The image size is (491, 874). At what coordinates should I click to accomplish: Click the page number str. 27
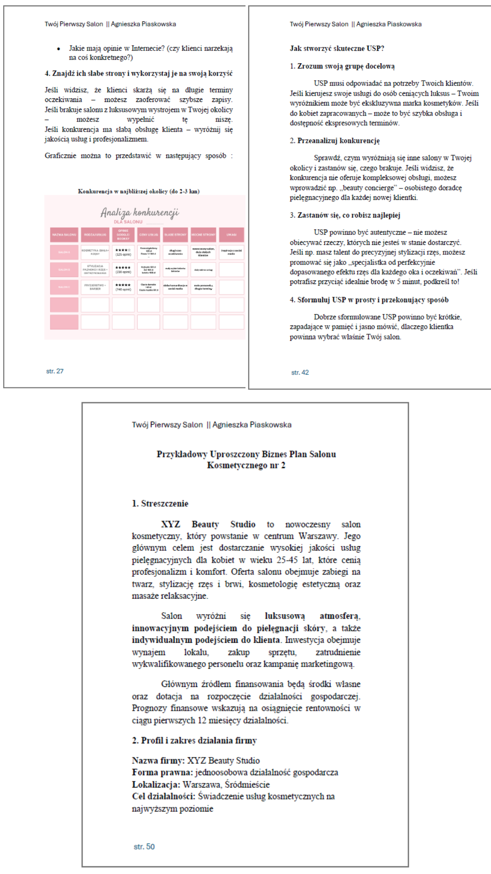[x=55, y=371]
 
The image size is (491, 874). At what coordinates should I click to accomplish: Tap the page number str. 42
[x=300, y=372]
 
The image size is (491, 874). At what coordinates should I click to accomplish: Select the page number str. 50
[x=144, y=846]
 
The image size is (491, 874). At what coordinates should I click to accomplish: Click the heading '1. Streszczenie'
[x=160, y=503]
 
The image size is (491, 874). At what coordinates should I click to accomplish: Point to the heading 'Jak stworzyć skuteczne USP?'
[x=337, y=48]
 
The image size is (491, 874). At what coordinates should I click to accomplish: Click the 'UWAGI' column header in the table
[x=231, y=234]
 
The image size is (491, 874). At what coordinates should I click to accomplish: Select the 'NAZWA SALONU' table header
[x=64, y=234]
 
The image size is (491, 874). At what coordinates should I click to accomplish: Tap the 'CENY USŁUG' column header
[x=149, y=234]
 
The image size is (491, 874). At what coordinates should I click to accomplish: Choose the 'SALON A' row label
[x=64, y=252]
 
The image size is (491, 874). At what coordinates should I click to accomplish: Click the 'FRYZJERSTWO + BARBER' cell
[x=95, y=287]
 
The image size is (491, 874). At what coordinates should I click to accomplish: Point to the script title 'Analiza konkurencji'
[x=140, y=213]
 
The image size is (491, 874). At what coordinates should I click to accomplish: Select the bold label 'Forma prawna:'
[x=162, y=772]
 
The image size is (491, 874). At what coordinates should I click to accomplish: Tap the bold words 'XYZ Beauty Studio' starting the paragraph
[x=208, y=524]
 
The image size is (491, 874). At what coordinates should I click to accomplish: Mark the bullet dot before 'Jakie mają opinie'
[x=58, y=49]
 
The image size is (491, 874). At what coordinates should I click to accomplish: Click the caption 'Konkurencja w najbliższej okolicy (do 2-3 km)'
[x=139, y=191]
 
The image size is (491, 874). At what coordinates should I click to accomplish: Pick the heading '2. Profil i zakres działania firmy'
[x=194, y=740]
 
